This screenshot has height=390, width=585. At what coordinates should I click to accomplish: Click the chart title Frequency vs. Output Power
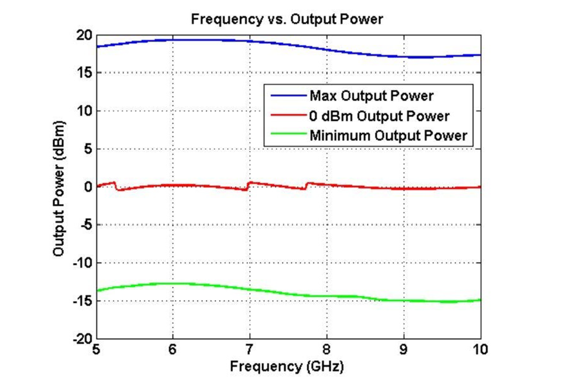click(287, 19)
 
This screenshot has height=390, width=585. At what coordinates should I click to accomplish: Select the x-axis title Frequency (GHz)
click(287, 367)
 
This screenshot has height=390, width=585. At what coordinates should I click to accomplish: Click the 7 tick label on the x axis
click(250, 350)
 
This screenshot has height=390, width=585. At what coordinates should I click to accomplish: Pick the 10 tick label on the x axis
click(480, 350)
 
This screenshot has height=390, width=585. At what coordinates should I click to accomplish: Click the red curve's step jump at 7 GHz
click(248, 186)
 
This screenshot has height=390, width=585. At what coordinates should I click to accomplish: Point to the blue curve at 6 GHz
click(173, 40)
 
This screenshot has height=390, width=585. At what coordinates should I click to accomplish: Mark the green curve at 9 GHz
click(404, 300)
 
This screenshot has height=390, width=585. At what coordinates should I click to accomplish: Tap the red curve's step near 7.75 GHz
click(306, 186)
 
